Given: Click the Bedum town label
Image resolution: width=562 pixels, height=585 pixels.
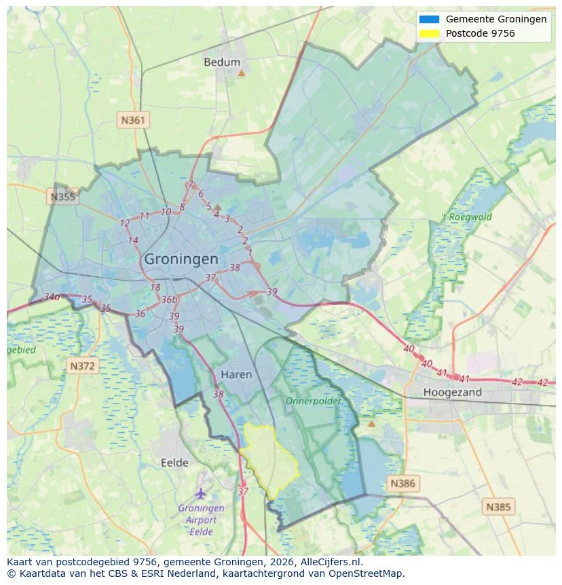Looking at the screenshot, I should [222, 62].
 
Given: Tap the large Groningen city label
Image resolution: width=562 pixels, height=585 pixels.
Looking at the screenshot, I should [181, 259].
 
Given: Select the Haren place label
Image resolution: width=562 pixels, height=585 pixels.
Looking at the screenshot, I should [236, 374].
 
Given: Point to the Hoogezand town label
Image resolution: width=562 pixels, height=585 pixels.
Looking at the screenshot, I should [452, 392].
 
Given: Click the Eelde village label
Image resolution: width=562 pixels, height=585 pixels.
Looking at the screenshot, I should [174, 463].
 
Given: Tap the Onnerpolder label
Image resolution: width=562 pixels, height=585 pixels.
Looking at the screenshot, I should [313, 401].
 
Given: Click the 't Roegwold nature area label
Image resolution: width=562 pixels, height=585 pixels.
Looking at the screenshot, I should [466, 217].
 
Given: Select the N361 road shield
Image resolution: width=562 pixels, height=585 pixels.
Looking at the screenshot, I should [132, 120].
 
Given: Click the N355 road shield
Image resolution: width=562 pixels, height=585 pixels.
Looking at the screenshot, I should [62, 197].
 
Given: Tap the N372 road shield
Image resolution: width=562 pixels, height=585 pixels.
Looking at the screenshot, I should [83, 366].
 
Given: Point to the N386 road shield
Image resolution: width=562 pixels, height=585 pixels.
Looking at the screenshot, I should [402, 484].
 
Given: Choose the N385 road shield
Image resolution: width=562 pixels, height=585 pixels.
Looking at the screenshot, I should [499, 506].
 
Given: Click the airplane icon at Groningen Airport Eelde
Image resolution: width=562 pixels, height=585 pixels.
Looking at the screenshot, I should [200, 493].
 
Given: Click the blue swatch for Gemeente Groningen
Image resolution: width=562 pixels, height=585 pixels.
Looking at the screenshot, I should [430, 19].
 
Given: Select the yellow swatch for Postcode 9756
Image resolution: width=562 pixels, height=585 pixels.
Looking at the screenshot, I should [430, 33].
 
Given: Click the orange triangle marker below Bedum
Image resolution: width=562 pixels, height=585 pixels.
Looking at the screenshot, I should [241, 72].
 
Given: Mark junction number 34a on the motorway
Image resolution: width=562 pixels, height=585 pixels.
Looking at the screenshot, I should [52, 297].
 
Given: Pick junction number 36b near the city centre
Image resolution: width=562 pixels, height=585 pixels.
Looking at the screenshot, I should [169, 300].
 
